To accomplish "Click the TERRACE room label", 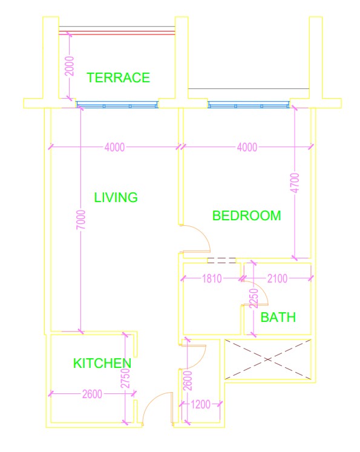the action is (x=118, y=77).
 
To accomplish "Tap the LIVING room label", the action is (x=116, y=197).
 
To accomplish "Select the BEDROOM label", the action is (x=246, y=215).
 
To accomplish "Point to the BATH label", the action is (x=278, y=318).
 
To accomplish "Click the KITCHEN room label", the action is (x=102, y=363).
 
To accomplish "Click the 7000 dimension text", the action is (x=81, y=220).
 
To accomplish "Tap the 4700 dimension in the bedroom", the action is (x=295, y=183).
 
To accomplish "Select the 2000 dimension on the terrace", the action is (x=70, y=66).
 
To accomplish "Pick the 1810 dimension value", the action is (x=212, y=278).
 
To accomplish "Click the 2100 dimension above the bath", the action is (x=277, y=278).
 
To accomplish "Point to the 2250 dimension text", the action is (x=254, y=298).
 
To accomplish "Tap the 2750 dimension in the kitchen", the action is (x=125, y=379).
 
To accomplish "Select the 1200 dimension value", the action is (x=201, y=404).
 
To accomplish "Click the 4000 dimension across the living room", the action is (x=114, y=147).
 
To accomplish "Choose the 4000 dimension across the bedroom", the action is (x=247, y=147).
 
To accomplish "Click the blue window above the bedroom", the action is (x=249, y=104).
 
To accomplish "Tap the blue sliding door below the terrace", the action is (x=117, y=104).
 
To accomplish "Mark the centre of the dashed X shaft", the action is (x=268, y=359).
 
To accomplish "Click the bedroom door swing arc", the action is (x=201, y=233).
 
